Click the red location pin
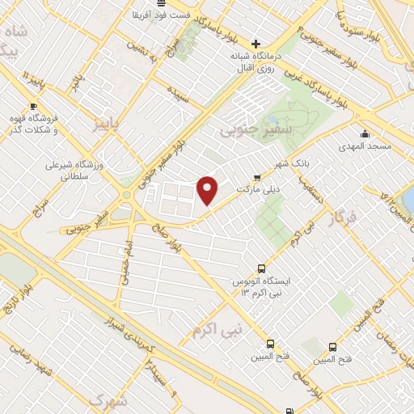pyautogui.click(x=208, y=189)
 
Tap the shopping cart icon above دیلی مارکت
pyautogui.click(x=258, y=177)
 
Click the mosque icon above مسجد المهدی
pyautogui.click(x=365, y=134)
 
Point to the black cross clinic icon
pyautogui.click(x=256, y=44)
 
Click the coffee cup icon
pyautogui.click(x=33, y=107)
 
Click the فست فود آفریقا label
pyautogui.click(x=161, y=15)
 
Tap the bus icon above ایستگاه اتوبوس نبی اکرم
pyautogui.click(x=261, y=268)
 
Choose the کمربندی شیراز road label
pyautogui.click(x=125, y=331)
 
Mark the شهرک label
pyautogui.click(x=108, y=400)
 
